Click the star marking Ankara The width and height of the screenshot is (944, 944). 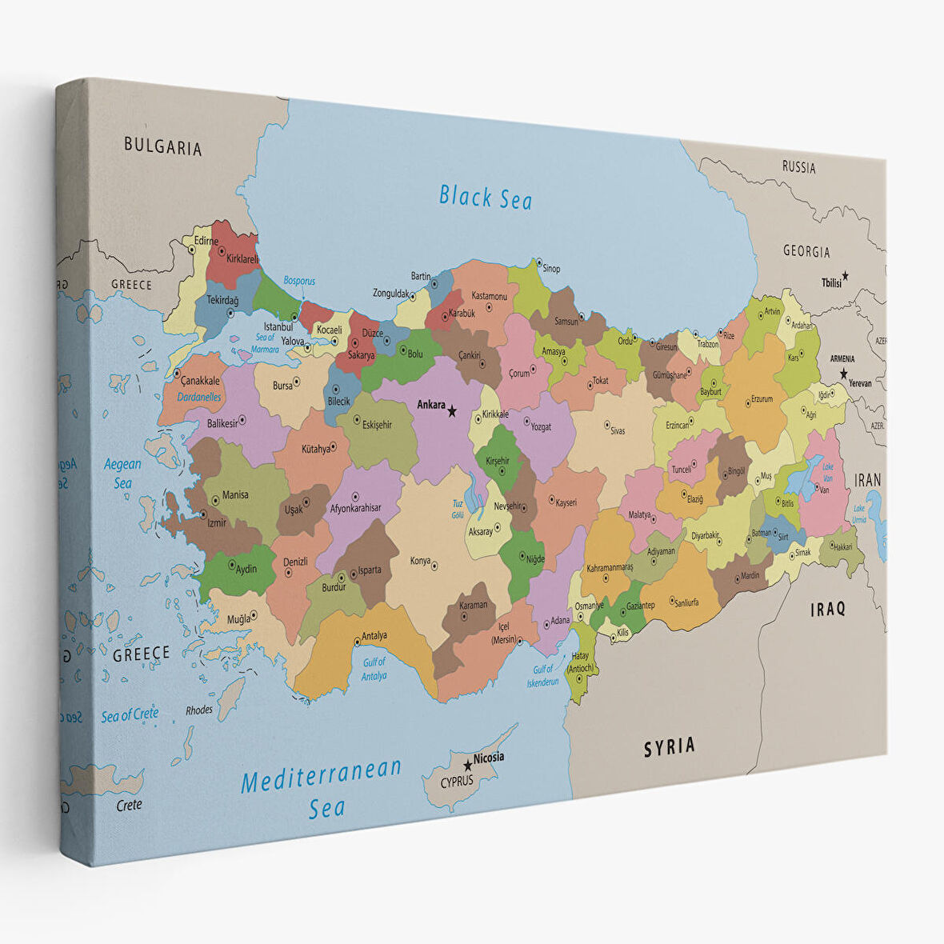tap(452, 411)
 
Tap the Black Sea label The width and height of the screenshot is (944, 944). tap(485, 196)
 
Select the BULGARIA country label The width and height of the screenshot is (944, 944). tap(162, 147)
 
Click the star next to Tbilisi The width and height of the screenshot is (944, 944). tap(846, 276)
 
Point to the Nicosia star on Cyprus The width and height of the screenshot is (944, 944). tap(468, 766)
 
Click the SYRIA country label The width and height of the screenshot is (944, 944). tap(670, 747)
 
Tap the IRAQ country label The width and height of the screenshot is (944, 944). tap(827, 609)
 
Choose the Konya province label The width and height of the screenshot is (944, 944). tap(420, 562)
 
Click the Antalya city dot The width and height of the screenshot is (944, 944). tap(357, 641)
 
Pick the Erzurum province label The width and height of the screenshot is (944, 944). tap(761, 399)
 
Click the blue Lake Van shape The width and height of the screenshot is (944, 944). tap(802, 479)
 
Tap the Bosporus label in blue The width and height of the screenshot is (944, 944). tap(299, 282)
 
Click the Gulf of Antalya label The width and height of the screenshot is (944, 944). tap(374, 669)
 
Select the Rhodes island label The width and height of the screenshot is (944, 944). tap(199, 710)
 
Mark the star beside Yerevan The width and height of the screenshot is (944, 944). tap(843, 374)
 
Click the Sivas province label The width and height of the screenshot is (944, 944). tap(618, 431)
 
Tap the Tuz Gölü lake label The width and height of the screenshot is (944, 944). tap(458, 509)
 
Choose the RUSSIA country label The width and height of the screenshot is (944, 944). tap(798, 168)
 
